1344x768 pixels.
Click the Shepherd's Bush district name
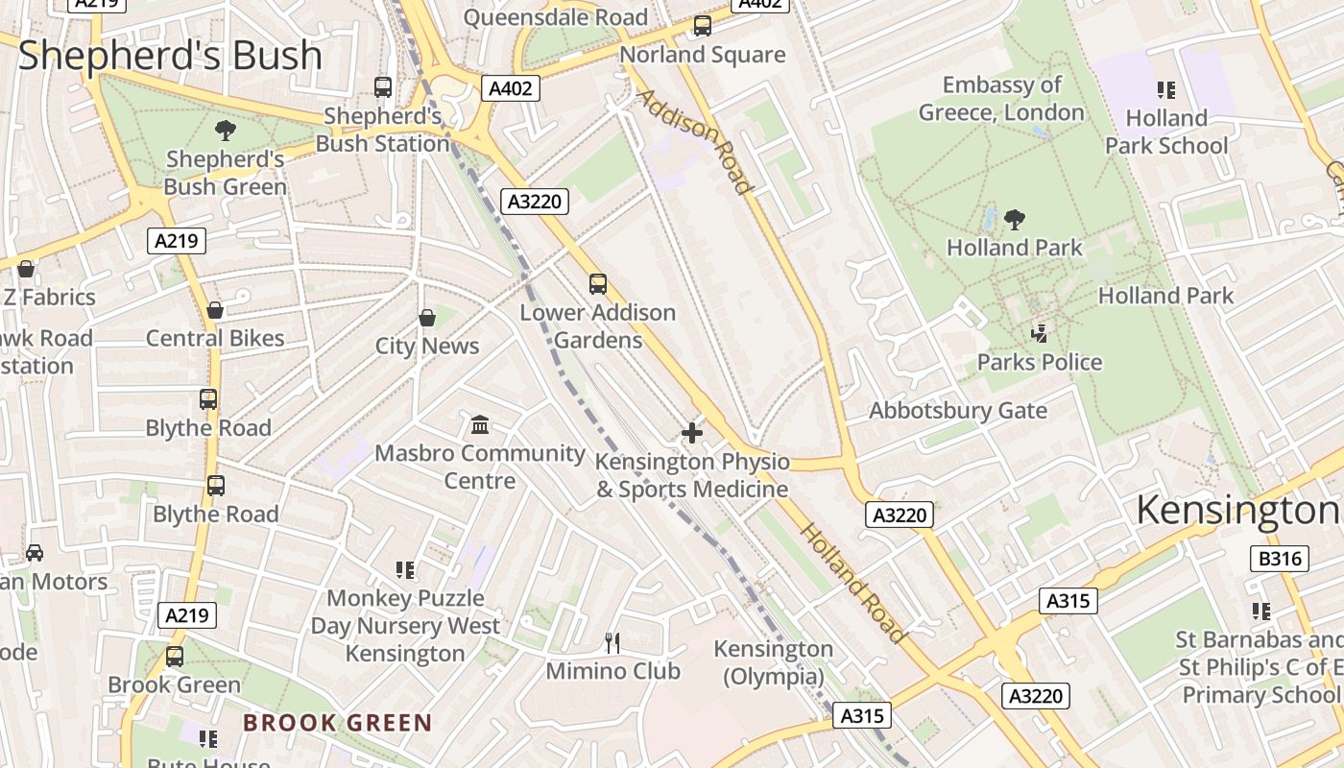(x=170, y=55)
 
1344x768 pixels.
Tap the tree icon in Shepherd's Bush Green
(x=226, y=131)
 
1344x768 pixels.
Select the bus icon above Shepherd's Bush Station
(x=383, y=87)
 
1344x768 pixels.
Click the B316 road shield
(x=1281, y=559)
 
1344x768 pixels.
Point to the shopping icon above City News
(x=427, y=318)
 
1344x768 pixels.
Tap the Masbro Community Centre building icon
(x=480, y=424)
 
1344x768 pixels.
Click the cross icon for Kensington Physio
(x=691, y=433)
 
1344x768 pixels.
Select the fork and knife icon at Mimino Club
(x=612, y=642)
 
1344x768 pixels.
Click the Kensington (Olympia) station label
(x=773, y=662)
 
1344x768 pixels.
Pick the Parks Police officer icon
(x=1039, y=334)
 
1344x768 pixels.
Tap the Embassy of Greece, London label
(x=1001, y=99)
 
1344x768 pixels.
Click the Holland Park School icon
(x=1166, y=90)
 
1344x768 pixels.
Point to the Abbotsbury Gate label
(x=957, y=411)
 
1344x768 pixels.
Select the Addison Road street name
(x=694, y=141)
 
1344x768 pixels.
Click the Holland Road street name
(x=852, y=583)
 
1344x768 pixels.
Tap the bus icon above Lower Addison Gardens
(x=598, y=284)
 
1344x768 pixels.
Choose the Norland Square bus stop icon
(x=703, y=26)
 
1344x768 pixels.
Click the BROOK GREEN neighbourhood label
(x=337, y=723)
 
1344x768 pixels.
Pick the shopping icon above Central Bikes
(x=215, y=310)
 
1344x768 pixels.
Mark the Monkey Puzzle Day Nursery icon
(x=405, y=570)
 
